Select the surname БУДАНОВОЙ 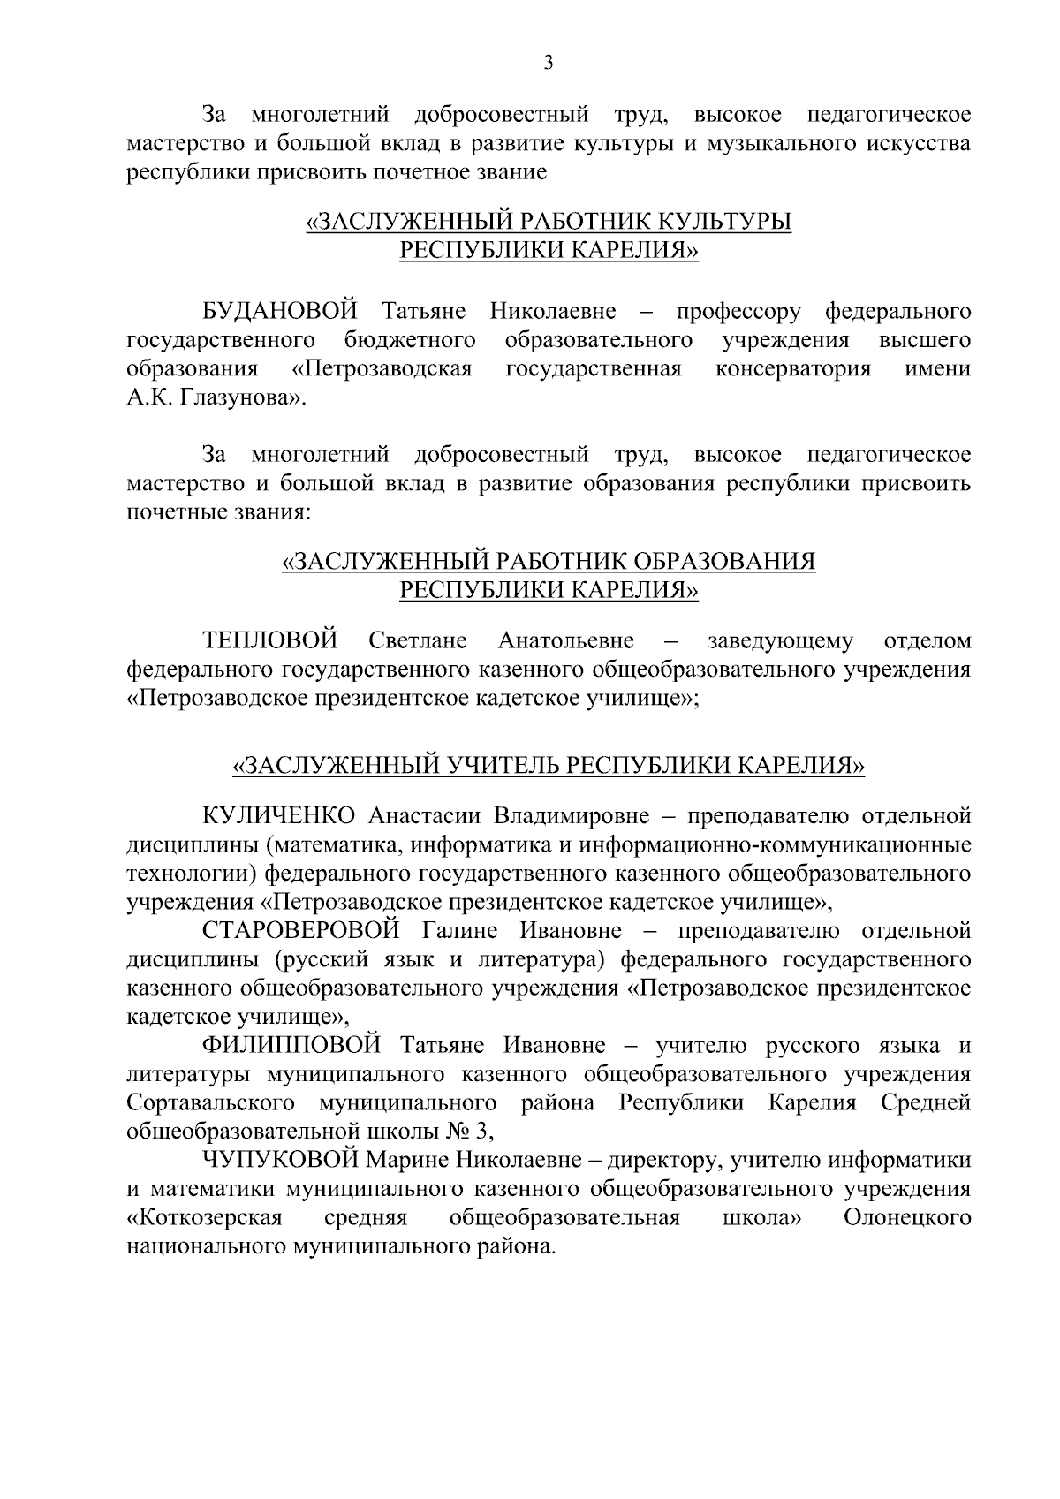click(280, 312)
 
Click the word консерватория click(792, 368)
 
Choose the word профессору click(738, 312)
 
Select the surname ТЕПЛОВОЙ click(271, 640)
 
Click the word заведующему click(781, 640)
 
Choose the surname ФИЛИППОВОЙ click(292, 1047)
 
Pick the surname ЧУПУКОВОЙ click(277, 1161)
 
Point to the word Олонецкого click(907, 1219)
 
